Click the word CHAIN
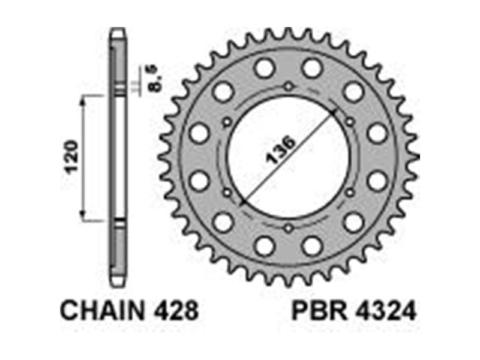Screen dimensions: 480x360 (x=103, y=310)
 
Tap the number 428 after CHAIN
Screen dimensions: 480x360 (x=176, y=310)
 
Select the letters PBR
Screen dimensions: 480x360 (x=319, y=310)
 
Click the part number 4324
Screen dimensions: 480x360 (x=385, y=310)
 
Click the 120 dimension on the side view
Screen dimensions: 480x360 (x=72, y=157)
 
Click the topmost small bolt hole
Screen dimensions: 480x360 (x=288, y=86)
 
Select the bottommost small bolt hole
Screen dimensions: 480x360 (x=288, y=228)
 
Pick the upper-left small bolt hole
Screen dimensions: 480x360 (x=227, y=122)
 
